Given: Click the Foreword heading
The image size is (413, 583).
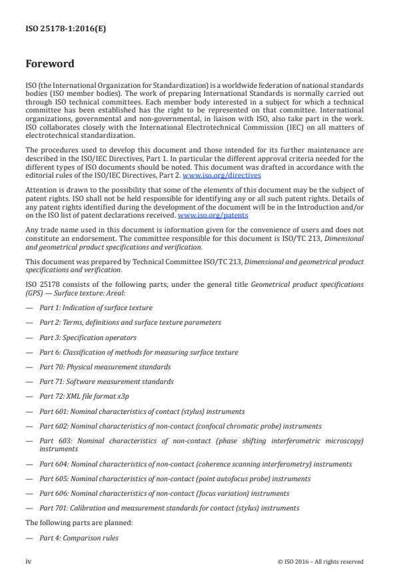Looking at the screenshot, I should (x=50, y=65).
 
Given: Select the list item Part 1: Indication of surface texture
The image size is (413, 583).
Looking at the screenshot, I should (x=96, y=307).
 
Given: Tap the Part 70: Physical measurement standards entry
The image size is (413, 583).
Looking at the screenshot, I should (x=105, y=367).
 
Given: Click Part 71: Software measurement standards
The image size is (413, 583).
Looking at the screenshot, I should (x=107, y=381).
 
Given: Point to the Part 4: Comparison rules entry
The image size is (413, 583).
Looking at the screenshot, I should (x=79, y=538).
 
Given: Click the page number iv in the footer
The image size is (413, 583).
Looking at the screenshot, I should (x=29, y=561).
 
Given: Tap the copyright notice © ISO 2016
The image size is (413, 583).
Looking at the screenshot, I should (x=320, y=561).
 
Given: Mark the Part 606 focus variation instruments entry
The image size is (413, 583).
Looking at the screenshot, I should (x=164, y=493).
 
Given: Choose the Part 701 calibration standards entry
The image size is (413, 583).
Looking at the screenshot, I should (x=169, y=508).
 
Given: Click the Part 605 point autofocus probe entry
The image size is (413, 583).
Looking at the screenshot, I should (x=165, y=479).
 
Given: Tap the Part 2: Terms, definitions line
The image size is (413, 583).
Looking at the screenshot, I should (x=131, y=323).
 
